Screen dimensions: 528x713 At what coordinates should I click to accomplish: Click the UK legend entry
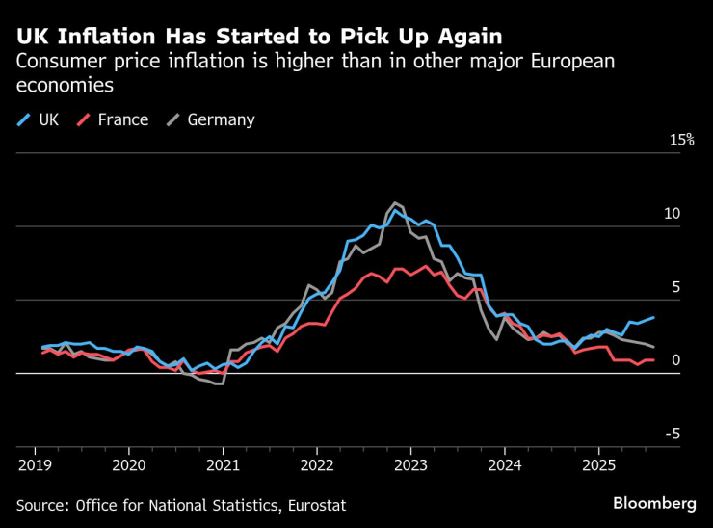point(39,120)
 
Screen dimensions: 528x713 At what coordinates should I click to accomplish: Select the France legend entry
point(114,120)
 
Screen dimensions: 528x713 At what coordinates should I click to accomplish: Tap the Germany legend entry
point(211,120)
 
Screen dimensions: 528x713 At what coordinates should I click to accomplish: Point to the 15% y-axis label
point(682,140)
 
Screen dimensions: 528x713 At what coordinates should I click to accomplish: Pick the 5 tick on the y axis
point(675,287)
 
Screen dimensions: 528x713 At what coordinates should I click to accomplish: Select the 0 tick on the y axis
point(675,360)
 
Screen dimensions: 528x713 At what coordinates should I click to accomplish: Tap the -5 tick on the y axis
point(673,435)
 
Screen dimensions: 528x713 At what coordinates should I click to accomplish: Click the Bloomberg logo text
point(654,503)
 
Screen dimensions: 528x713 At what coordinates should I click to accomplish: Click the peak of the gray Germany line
point(395,202)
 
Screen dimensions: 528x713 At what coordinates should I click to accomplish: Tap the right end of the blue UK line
point(654,317)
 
